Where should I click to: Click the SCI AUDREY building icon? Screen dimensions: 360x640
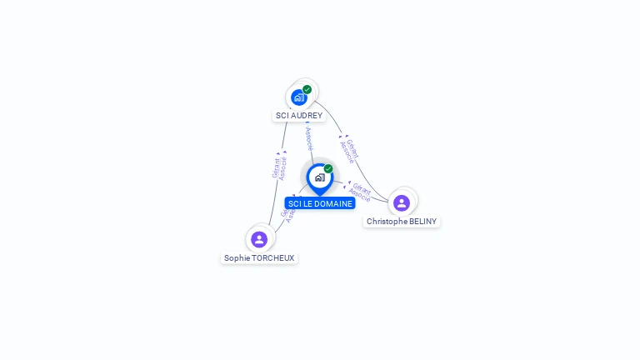(x=298, y=97)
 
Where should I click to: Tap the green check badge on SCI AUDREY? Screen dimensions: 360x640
(x=307, y=89)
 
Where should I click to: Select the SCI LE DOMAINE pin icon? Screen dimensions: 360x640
(x=319, y=177)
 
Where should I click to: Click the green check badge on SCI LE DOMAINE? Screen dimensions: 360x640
(x=328, y=168)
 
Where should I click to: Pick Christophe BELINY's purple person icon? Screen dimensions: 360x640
(x=402, y=202)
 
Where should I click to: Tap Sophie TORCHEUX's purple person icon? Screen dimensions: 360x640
(x=259, y=239)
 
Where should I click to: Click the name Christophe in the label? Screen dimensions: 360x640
(x=387, y=222)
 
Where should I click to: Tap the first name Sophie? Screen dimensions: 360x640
(x=237, y=258)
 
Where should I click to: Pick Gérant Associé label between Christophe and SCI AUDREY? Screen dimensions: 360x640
(x=350, y=150)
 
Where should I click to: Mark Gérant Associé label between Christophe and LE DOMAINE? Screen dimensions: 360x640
(x=360, y=192)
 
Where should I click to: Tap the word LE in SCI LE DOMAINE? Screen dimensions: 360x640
(x=307, y=203)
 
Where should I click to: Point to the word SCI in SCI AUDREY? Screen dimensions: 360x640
(x=282, y=116)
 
